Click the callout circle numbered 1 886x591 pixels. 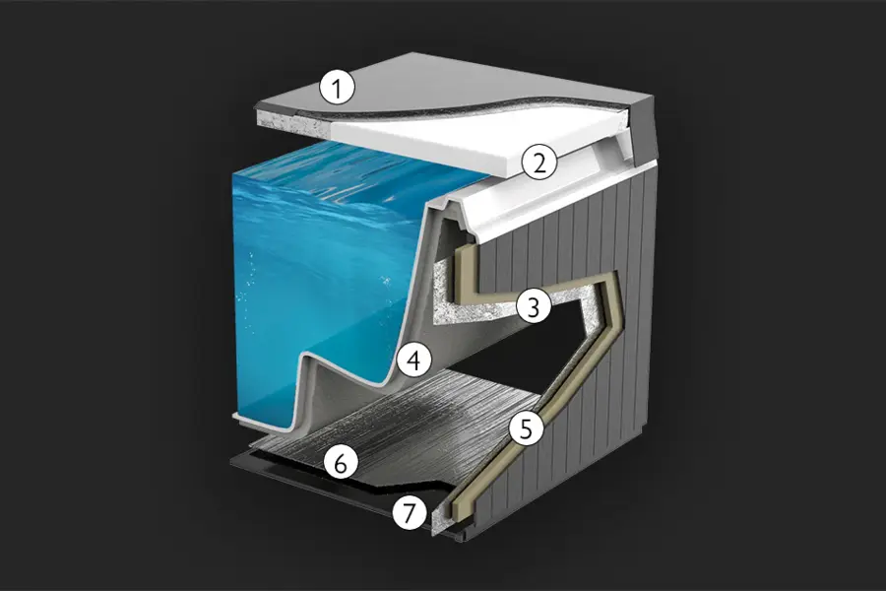(337, 89)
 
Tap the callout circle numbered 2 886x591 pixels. (539, 163)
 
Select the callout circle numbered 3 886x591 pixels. (533, 306)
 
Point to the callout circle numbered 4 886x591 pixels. (414, 361)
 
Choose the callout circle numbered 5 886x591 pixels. (526, 428)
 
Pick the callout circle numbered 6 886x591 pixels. (341, 463)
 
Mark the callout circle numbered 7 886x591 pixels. (410, 512)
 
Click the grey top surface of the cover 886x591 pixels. (452, 79)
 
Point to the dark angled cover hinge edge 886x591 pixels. (643, 130)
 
